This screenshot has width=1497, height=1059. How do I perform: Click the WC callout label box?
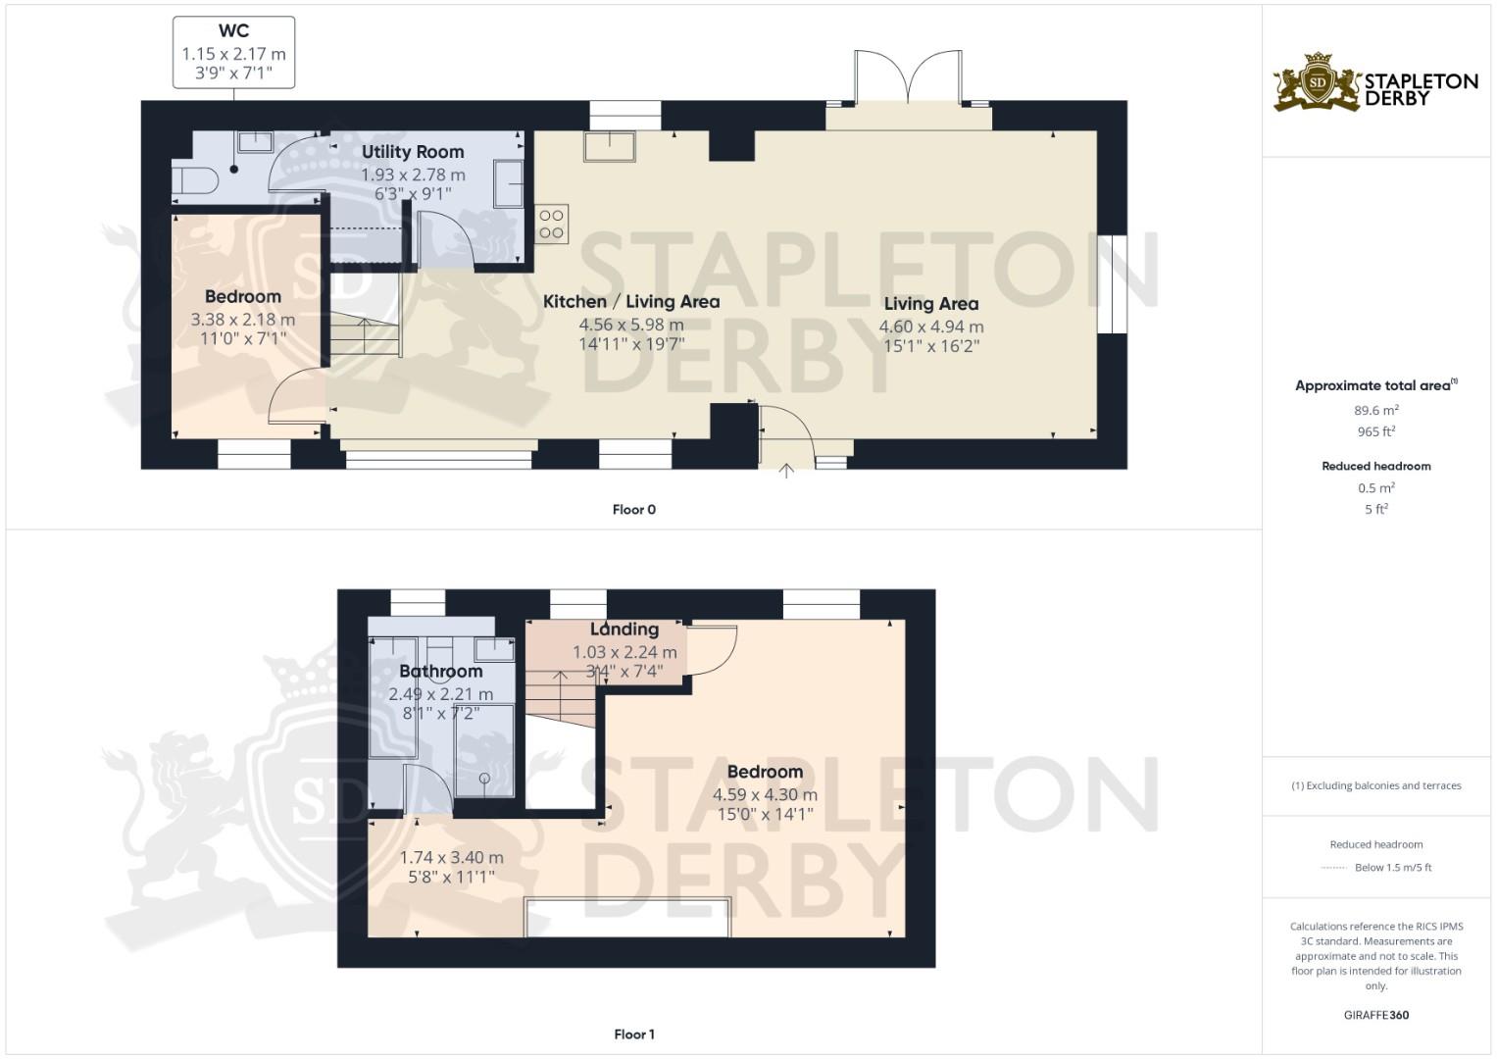pos(233,52)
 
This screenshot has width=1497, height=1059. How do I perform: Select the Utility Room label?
pos(413,152)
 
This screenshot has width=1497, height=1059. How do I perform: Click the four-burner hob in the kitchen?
pos(551,224)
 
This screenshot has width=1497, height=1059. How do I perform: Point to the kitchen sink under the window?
pos(610,147)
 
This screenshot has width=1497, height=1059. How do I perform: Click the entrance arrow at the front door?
pos(786,471)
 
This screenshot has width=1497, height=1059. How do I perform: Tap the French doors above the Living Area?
pos(909,78)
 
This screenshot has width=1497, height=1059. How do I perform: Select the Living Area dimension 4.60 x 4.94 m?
pos(930,327)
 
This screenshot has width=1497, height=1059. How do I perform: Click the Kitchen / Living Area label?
pos(631,302)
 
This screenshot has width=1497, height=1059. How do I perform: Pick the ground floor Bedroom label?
pos(242,297)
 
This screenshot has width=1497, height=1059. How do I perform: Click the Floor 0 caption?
pos(633,510)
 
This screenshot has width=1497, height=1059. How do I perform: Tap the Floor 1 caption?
pos(633,1034)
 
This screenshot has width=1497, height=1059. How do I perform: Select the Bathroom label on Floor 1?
pos(440,672)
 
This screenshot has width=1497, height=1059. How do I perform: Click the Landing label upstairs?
pos(624,630)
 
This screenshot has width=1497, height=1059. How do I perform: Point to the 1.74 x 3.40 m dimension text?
pos(451,858)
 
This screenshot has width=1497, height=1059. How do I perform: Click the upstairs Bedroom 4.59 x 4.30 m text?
pos(765,795)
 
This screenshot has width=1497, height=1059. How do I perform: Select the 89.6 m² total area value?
pos(1375,411)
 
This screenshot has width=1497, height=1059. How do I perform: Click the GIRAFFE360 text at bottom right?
pos(1375,1015)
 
